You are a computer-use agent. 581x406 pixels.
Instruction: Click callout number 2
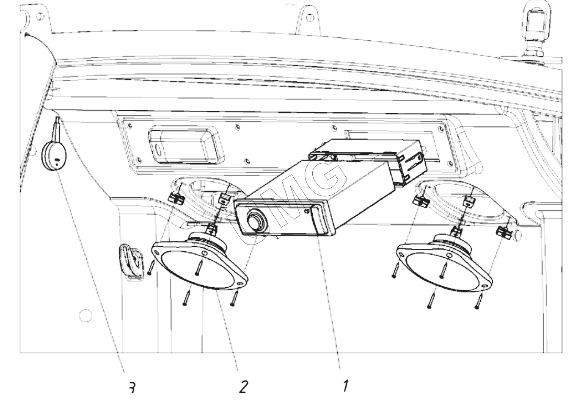point(243,387)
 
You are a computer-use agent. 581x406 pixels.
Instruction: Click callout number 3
point(132,387)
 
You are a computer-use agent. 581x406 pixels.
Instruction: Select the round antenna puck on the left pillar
point(54,156)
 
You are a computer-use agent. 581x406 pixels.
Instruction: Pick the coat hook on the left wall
point(132,262)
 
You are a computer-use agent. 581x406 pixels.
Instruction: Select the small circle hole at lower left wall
point(85,316)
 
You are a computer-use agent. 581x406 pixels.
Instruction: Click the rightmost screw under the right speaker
point(479,301)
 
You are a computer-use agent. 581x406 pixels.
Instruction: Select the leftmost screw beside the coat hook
point(151,267)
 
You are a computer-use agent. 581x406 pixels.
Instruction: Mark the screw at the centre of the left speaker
point(200,267)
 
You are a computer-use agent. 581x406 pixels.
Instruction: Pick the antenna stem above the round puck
point(57,130)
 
